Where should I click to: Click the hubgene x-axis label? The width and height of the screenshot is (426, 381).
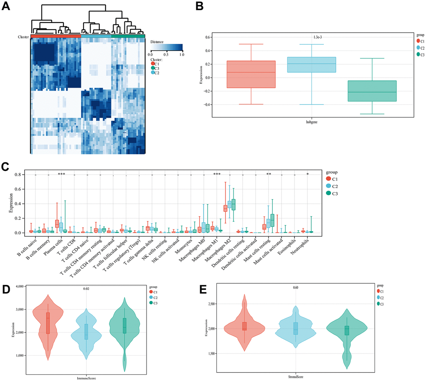coord(312,122)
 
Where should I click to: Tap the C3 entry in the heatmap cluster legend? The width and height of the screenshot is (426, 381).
coord(157,68)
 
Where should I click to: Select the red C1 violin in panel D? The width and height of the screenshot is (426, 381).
coord(48,322)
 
